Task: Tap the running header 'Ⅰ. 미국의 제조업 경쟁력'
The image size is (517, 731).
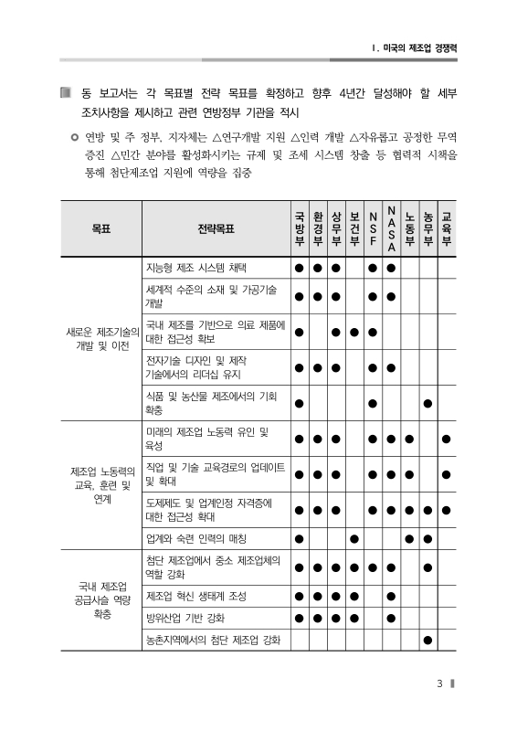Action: click(408, 47)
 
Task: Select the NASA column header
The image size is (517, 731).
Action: click(391, 228)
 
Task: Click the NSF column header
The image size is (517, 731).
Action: click(373, 228)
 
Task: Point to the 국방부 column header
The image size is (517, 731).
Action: click(299, 228)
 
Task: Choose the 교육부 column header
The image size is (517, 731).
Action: click(446, 228)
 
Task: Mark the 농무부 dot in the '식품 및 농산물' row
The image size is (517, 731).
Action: click(427, 402)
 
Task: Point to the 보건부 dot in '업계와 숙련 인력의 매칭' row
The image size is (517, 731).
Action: click(354, 537)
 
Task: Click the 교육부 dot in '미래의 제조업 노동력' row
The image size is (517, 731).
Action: click(446, 439)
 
